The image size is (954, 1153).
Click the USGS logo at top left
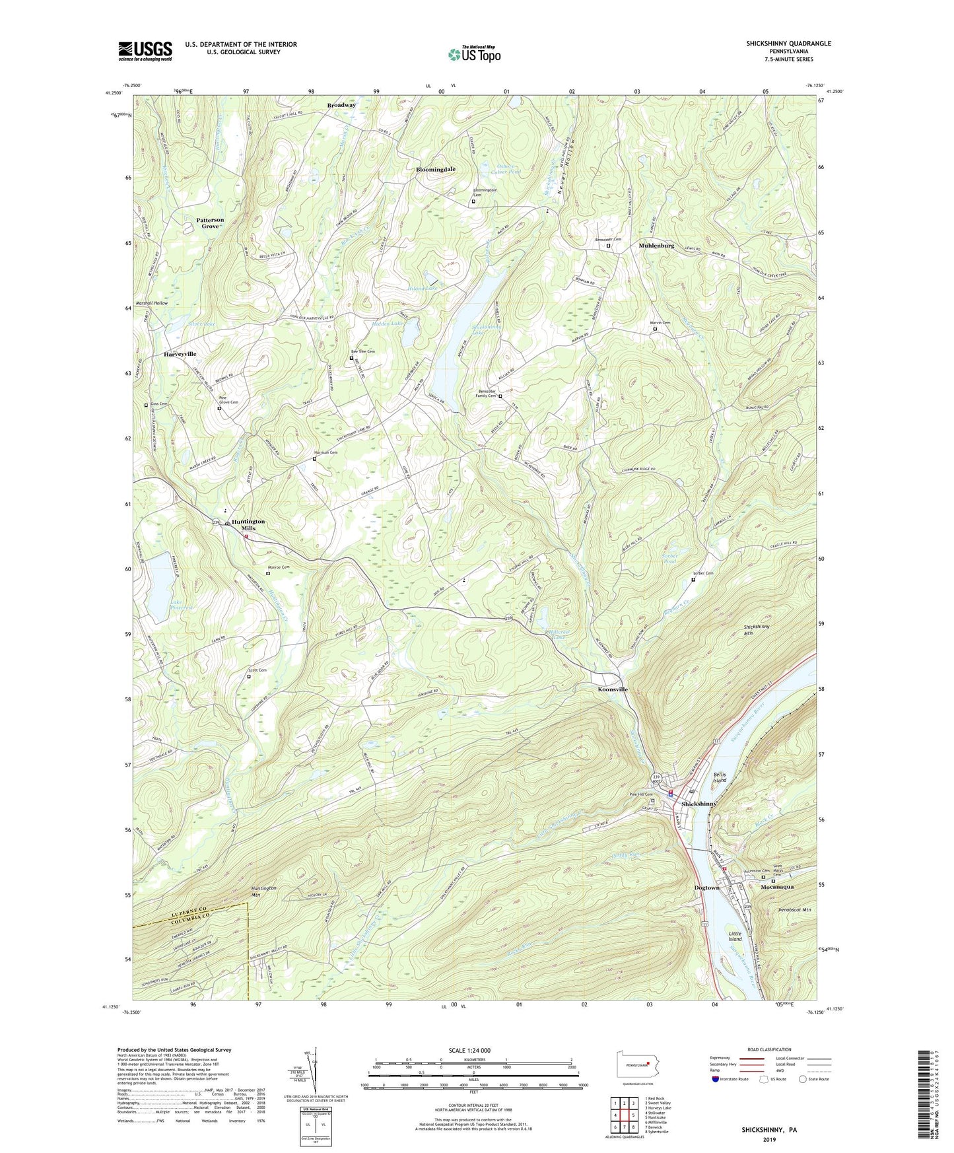(145, 51)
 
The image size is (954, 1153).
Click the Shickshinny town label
(698, 804)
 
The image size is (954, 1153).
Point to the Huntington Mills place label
(248, 525)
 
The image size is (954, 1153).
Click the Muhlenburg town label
(656, 246)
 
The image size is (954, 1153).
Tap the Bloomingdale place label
(435, 170)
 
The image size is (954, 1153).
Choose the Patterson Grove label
(210, 223)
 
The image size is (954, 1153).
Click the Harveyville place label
(180, 355)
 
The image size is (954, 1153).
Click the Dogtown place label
(706, 888)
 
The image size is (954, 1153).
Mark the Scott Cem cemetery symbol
(249, 677)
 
